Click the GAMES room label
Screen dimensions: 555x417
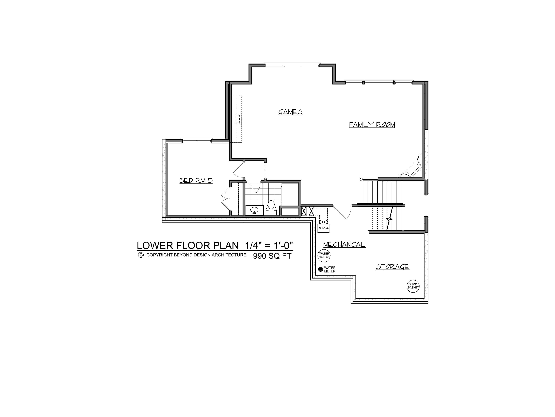point(290,112)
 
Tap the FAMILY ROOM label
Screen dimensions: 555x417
point(372,125)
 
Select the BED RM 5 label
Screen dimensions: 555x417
point(196,181)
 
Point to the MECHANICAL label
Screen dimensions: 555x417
point(344,245)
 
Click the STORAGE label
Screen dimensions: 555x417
point(392,267)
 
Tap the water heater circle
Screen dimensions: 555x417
point(324,255)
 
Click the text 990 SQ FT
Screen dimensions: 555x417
point(272,256)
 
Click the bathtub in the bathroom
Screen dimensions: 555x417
point(290,195)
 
